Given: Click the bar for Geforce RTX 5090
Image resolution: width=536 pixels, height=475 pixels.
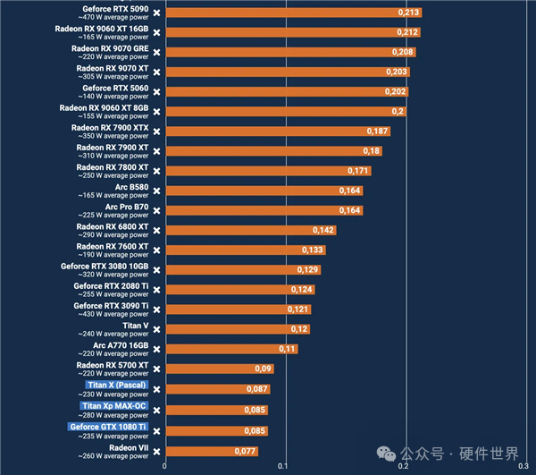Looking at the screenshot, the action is (x=294, y=13).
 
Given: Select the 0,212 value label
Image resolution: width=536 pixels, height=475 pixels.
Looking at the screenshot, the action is (x=407, y=32).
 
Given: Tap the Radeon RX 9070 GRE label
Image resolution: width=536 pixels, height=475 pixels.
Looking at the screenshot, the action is (x=110, y=48).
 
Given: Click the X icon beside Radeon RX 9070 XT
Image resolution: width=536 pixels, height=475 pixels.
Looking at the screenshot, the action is (x=156, y=72).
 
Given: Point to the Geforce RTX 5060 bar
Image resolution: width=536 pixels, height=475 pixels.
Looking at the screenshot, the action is (x=287, y=92).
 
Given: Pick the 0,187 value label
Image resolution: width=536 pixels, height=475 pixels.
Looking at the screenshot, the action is (x=377, y=131).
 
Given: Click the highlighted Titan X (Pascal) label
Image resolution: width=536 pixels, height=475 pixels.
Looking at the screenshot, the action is (x=116, y=385).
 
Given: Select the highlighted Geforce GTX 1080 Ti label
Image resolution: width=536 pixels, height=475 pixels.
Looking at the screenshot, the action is (x=108, y=427).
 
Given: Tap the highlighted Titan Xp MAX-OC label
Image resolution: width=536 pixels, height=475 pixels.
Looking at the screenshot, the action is (x=113, y=406).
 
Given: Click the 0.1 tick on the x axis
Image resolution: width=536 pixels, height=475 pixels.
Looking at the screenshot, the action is (x=282, y=466).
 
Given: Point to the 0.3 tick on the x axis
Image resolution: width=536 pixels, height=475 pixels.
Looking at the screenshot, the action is (x=523, y=466).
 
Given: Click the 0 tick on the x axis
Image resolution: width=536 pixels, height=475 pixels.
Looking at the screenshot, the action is (x=164, y=466).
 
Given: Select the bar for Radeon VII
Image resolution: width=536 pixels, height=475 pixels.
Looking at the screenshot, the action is (x=212, y=452).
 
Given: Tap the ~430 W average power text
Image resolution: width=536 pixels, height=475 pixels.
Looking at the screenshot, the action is (x=113, y=314).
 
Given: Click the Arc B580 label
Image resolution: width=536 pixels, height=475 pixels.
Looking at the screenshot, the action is (x=131, y=187).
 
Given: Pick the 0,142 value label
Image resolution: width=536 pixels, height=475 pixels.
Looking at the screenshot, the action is (x=323, y=230).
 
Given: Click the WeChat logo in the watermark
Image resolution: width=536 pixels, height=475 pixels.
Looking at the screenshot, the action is (x=386, y=454).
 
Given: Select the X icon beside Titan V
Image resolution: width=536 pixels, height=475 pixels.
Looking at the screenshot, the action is (x=156, y=329).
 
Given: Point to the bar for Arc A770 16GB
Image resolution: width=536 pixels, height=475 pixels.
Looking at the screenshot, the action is (x=231, y=349).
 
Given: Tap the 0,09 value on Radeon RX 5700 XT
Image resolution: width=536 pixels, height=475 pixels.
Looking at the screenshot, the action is (x=263, y=369).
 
